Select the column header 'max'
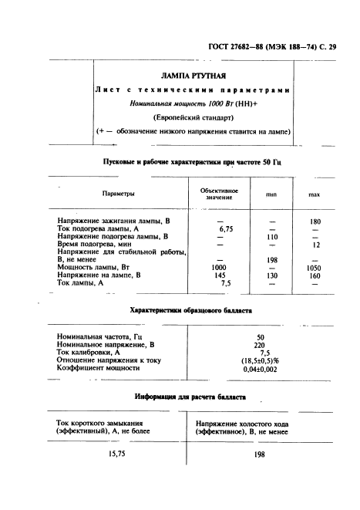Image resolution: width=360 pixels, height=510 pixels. [314, 195]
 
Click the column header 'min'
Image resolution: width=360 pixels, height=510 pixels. [271, 195]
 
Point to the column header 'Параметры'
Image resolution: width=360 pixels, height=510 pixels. [118, 194]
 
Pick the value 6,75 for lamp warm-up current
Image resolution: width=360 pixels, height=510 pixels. [225, 229]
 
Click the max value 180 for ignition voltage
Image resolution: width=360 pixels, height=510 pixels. [314, 221]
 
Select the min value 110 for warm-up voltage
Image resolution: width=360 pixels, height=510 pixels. [271, 237]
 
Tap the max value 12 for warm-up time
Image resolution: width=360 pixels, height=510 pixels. [315, 245]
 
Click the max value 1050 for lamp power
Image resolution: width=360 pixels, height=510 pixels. [314, 268]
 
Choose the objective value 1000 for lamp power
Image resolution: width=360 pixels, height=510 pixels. [220, 268]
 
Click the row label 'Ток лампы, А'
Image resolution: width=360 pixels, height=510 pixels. [81, 283]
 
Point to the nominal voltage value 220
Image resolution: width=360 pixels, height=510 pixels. [260, 345]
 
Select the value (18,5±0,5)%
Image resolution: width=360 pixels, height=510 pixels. [260, 360]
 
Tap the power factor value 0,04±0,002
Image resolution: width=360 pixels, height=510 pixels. [260, 369]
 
